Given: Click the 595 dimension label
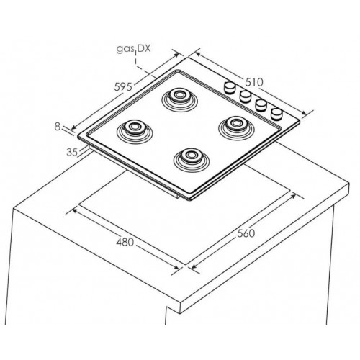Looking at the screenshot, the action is pos(123,86).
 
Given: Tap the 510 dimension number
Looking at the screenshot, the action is pos(254,82).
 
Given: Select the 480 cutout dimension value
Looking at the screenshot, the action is pos(125,242).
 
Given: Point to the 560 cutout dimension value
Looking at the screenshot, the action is pos(246,233).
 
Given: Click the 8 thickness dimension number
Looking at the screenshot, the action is pos(58,127).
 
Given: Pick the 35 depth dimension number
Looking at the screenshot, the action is pos(72,153).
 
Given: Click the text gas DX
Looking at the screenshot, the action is pos(133,49).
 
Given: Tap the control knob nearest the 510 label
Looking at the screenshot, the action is pos(230,87).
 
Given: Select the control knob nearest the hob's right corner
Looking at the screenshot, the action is pos(276,114).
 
